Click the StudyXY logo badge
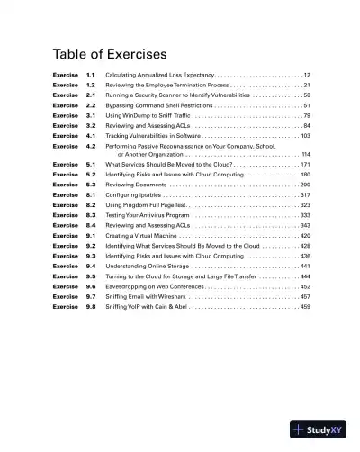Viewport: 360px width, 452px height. tap(319, 430)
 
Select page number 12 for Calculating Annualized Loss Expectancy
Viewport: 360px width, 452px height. tap(307, 74)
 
